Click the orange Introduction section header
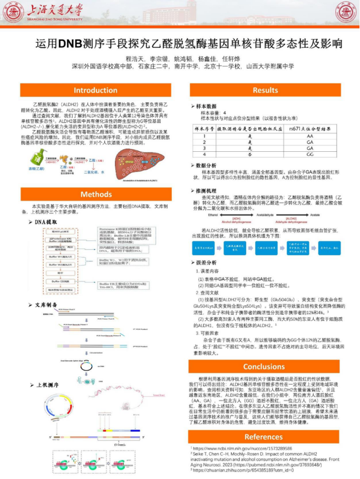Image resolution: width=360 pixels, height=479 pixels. (95, 90)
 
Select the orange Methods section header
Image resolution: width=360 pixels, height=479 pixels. (95, 194)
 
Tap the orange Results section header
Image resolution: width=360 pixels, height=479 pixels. (265, 90)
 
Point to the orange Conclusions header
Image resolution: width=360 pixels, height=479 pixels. (265, 367)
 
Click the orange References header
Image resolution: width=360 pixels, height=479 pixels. (265, 436)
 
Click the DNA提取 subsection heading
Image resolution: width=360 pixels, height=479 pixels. (46, 222)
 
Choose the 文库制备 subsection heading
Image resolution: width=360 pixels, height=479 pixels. (46, 305)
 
